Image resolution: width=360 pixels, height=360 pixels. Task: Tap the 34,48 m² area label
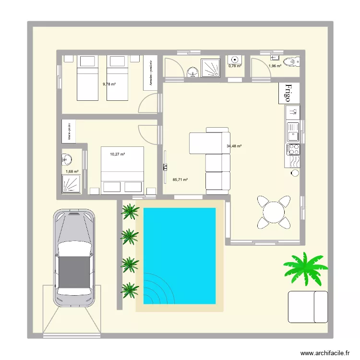tap(234, 146)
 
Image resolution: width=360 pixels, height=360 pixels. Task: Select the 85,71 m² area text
tap(180, 180)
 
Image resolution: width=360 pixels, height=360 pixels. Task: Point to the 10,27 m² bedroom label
tap(118, 154)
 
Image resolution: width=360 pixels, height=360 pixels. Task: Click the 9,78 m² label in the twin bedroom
tap(109, 84)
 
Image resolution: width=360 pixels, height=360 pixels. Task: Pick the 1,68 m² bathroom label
tap(72, 171)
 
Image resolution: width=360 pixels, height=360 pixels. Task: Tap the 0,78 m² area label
tap(235, 66)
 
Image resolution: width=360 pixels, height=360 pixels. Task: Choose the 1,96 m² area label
tap(275, 66)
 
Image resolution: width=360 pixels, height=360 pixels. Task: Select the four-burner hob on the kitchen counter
tap(293, 149)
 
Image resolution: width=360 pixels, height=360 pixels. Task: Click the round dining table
tap(274, 211)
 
